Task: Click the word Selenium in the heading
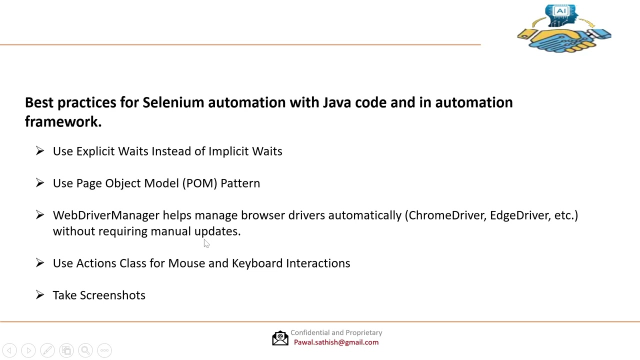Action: coord(173,102)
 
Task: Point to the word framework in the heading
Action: coord(63,121)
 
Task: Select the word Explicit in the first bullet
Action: coord(95,151)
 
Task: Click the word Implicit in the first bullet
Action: coord(228,151)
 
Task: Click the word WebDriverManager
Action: coord(106,215)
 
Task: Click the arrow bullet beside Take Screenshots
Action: coord(40,295)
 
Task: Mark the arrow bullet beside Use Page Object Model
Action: coord(40,183)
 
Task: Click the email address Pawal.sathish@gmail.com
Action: coord(336,342)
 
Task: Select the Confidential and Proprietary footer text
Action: coord(336,332)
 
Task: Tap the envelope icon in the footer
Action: coord(280,338)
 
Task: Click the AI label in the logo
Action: coord(561,11)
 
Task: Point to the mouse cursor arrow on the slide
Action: coord(206,243)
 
